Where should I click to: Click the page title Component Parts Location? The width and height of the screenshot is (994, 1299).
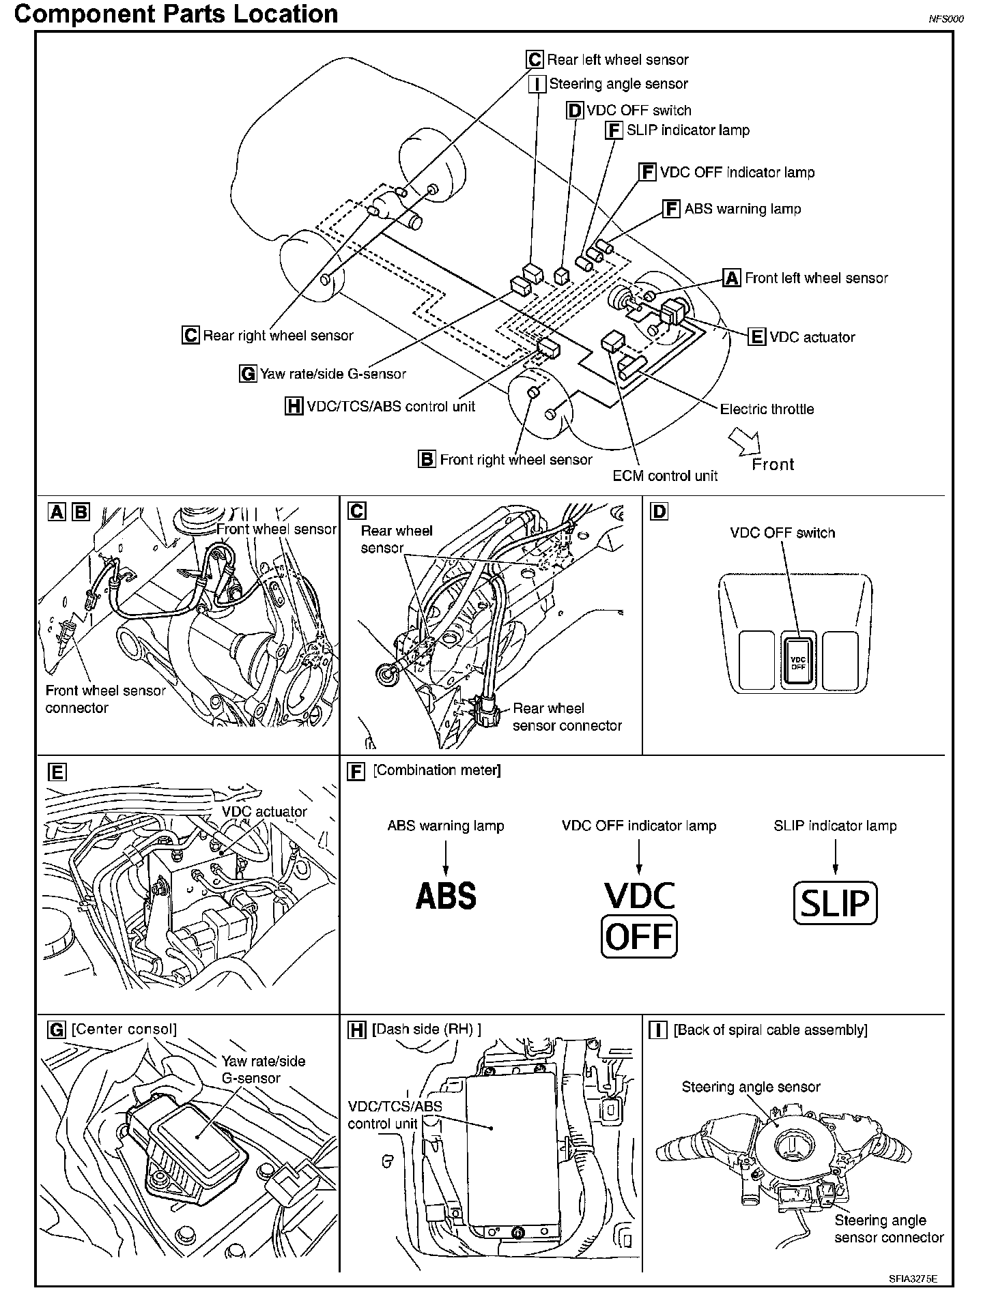(176, 14)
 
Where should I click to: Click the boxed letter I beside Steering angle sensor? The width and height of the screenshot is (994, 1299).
(538, 84)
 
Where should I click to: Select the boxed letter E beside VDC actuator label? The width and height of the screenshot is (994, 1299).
(757, 336)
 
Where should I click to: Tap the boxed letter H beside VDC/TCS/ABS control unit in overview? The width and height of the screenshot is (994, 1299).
(294, 407)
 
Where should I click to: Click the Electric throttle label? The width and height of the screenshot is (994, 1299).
(767, 409)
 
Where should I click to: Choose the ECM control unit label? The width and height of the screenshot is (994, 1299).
(665, 476)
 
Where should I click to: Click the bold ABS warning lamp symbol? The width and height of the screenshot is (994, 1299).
(446, 896)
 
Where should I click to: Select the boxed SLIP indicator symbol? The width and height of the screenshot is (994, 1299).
(835, 903)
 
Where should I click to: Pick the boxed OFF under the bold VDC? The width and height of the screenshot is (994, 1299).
(639, 936)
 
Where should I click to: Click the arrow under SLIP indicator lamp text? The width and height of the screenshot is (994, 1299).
(835, 857)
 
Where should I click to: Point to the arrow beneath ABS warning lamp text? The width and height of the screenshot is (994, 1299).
(446, 857)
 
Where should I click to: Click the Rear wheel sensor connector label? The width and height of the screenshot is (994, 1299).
(567, 717)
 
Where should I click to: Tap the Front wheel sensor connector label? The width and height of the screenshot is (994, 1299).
(105, 699)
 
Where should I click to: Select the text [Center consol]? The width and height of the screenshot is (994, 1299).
(124, 1029)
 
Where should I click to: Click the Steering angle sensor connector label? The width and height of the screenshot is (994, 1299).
(889, 1229)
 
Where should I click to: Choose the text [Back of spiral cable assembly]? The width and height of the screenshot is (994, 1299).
(770, 1030)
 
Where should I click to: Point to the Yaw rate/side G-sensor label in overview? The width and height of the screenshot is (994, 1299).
(333, 374)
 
